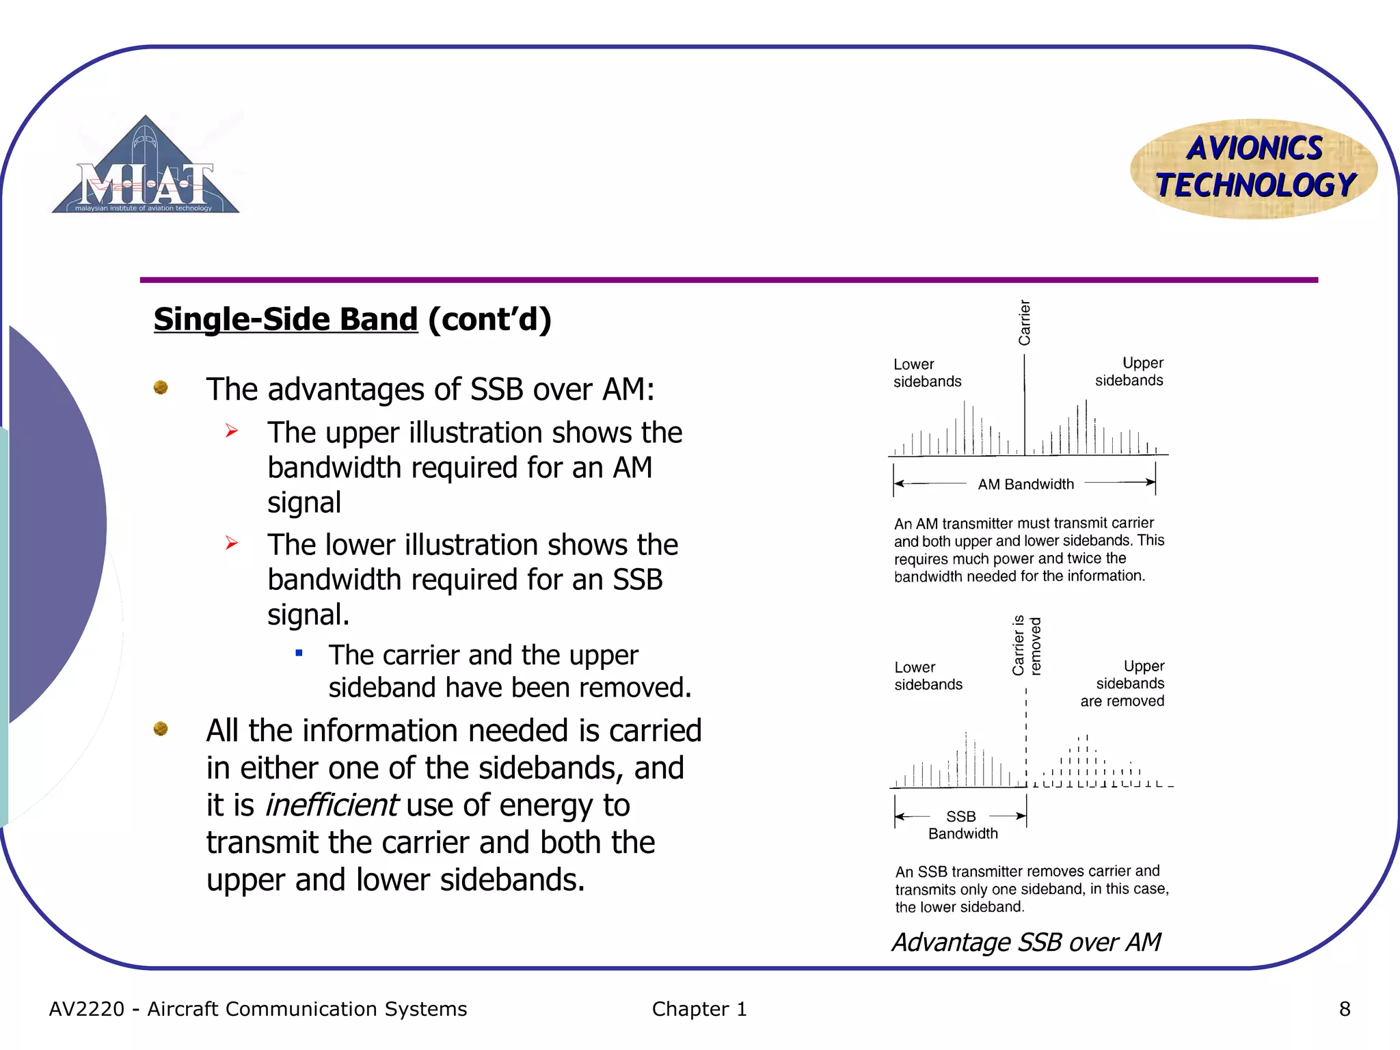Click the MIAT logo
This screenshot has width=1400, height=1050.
point(145,167)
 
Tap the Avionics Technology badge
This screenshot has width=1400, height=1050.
point(1254,168)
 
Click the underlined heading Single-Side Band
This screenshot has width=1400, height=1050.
point(285,319)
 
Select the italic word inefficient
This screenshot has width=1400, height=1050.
point(331,805)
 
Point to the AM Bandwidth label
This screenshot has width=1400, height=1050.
point(1025,484)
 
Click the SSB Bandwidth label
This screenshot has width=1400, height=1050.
point(962,824)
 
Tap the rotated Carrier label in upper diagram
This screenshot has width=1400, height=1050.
point(1024,322)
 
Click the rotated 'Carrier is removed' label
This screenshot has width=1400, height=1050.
point(1026,646)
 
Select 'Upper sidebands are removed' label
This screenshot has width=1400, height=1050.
point(1123,683)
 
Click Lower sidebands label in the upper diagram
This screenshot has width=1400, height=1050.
point(926,373)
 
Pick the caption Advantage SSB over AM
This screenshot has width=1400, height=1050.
point(1026,942)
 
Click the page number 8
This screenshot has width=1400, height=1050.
point(1344,1009)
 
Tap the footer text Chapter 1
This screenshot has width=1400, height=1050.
point(699,1009)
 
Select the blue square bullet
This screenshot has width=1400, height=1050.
point(299,653)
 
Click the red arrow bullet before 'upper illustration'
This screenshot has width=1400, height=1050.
point(232,431)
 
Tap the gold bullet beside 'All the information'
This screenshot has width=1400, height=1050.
point(161,729)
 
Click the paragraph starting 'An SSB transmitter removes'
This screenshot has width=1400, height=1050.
point(1031,889)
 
